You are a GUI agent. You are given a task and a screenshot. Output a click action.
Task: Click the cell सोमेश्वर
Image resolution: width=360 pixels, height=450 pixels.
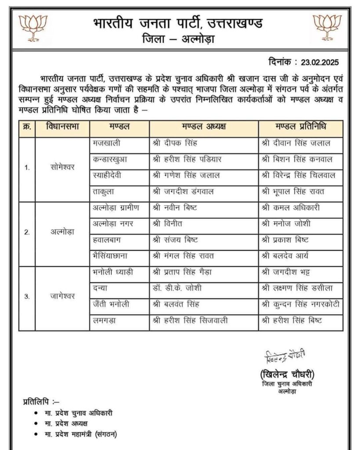tap(62, 167)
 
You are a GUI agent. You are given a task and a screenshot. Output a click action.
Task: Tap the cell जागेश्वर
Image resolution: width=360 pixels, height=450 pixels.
tap(62, 296)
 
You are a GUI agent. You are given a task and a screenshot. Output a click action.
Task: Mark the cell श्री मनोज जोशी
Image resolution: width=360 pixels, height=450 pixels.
tap(285, 223)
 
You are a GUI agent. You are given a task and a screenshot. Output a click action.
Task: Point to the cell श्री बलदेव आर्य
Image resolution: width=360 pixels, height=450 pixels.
tap(287, 255)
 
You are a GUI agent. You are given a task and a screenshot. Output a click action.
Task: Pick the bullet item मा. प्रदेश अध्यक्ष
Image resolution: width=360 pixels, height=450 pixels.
tap(66, 423)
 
